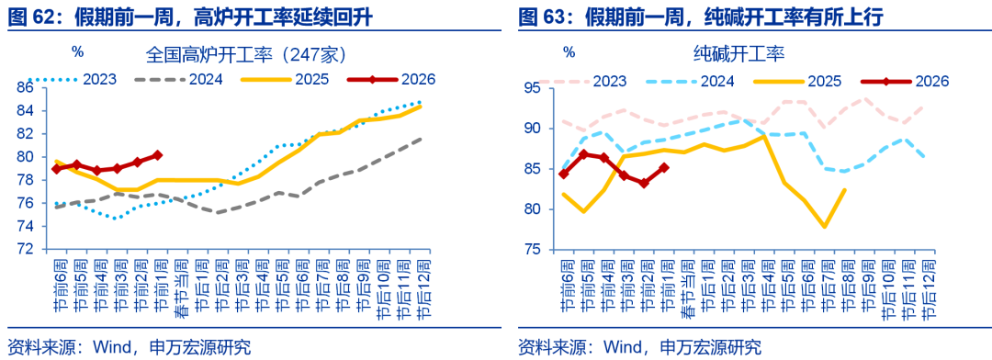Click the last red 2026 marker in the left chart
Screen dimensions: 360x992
pos(157,155)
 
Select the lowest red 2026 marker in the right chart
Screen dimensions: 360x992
pos(644,183)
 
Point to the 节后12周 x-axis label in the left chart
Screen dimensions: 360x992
pos(423,289)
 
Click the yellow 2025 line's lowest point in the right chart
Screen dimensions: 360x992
pos(825,226)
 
